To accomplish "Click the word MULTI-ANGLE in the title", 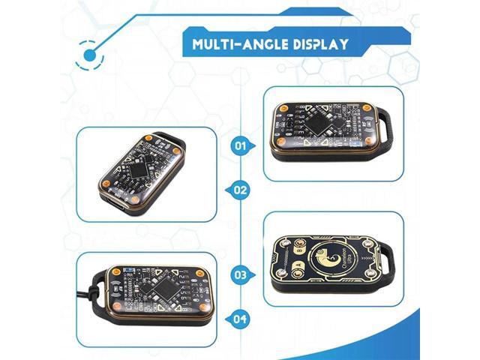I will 232,43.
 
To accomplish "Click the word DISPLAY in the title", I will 318,43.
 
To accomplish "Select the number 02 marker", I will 240,190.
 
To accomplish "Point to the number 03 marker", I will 240,274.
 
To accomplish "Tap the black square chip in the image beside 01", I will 323,118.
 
